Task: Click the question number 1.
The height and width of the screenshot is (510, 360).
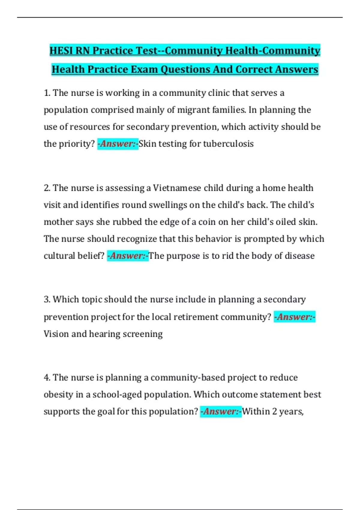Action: (x=47, y=93)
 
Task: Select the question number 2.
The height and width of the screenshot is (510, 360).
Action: (x=47, y=188)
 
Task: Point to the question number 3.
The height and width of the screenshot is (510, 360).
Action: (x=47, y=299)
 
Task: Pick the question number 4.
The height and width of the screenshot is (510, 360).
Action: (x=47, y=377)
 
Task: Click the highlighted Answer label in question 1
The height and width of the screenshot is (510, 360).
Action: (x=118, y=144)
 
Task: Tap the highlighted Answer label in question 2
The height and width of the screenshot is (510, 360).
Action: (x=128, y=256)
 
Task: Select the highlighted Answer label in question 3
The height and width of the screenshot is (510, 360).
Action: (x=294, y=317)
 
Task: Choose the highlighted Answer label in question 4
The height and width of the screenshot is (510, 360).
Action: (x=221, y=411)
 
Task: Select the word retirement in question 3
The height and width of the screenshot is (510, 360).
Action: (x=196, y=317)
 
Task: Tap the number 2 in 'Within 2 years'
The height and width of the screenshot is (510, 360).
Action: (x=274, y=411)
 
